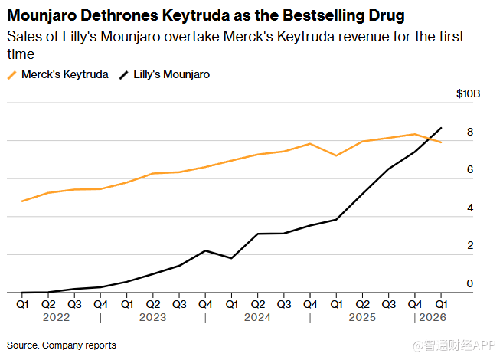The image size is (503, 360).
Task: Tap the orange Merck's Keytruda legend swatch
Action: click(x=12, y=75)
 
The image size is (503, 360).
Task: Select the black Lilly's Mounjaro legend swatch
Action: click(x=124, y=75)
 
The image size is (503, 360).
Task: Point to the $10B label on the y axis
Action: click(x=468, y=93)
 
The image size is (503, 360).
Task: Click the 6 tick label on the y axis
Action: click(x=470, y=169)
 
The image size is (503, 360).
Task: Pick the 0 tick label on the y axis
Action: click(x=470, y=283)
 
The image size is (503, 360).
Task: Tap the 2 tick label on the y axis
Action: click(x=470, y=245)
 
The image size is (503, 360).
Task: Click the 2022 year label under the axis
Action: click(x=56, y=317)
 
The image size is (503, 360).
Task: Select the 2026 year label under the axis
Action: click(x=433, y=317)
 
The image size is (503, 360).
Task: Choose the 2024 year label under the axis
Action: click(x=257, y=317)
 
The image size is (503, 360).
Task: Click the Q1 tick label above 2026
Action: click(x=441, y=304)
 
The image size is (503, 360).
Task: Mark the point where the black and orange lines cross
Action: click(x=429, y=139)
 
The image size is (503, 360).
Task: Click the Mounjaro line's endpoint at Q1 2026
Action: click(x=441, y=128)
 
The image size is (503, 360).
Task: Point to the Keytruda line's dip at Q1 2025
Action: click(x=336, y=155)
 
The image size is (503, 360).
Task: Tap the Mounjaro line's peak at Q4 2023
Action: click(x=205, y=250)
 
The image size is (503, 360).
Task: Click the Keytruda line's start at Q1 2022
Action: click(x=21, y=201)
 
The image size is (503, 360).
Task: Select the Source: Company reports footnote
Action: click(x=61, y=345)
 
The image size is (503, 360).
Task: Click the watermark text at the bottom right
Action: click(x=454, y=345)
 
